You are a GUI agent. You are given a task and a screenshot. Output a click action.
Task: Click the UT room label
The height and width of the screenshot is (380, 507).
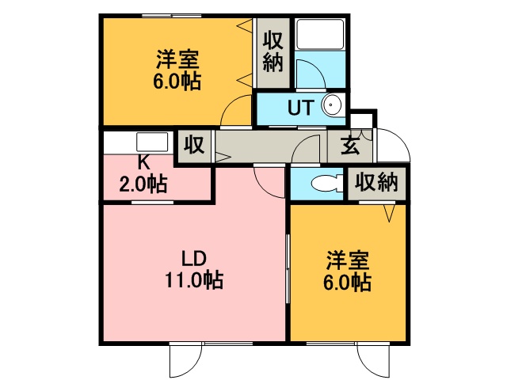point(301,108)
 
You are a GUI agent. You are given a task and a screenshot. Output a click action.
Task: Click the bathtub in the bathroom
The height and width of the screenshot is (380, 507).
point(320,35)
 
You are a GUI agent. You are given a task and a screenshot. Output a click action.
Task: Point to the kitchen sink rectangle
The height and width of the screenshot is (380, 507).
point(152,142)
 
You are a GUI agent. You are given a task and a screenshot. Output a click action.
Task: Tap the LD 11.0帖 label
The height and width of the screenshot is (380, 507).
point(194,269)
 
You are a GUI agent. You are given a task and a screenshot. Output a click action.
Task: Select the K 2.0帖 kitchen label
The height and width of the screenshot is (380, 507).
point(143,175)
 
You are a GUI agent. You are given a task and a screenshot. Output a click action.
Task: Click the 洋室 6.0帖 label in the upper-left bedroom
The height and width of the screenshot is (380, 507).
point(177,70)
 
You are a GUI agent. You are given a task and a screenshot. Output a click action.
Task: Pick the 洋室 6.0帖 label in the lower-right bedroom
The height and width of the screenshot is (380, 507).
point(348,271)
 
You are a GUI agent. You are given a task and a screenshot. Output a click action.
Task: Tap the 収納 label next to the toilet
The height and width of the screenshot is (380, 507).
point(376,183)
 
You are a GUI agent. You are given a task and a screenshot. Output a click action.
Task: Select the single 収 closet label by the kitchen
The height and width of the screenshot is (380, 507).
point(194,144)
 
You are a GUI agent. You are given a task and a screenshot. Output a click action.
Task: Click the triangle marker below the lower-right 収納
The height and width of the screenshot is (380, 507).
point(390,213)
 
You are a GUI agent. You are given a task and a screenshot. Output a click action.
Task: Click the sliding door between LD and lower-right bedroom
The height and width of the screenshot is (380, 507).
point(288,269)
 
